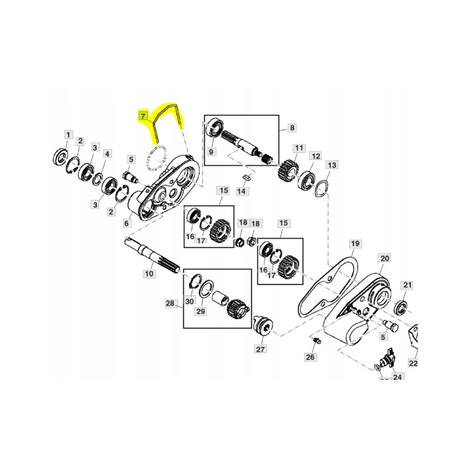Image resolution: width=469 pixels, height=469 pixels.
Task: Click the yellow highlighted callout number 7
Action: click(142, 116)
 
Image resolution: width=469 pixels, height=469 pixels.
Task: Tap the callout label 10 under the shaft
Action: click(149, 273)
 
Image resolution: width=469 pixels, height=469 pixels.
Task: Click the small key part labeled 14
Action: click(246, 174)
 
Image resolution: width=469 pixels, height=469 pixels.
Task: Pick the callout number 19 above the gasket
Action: click(354, 243)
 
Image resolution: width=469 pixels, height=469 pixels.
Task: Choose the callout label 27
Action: click(260, 349)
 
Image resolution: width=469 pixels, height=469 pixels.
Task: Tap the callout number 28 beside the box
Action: click(170, 303)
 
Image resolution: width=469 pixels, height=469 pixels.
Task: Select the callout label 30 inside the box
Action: click(189, 301)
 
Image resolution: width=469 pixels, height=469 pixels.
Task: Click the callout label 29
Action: click(200, 311)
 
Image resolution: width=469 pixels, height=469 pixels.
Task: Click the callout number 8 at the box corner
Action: click(292, 127)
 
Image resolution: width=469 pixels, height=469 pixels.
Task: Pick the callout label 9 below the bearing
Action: click(212, 152)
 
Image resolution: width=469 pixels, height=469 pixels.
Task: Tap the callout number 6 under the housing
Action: click(127, 223)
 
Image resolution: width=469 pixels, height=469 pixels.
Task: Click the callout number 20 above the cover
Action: click(385, 258)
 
